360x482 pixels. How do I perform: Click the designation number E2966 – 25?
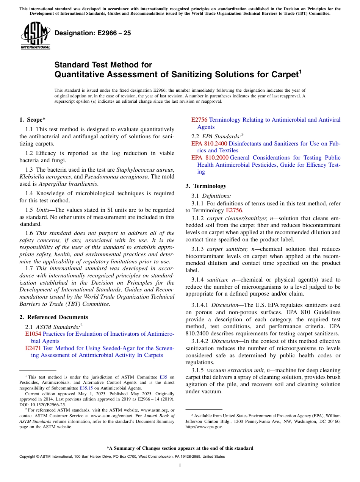(93, 33)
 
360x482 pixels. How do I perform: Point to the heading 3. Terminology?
(206, 186)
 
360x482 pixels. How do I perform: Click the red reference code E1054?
(33, 334)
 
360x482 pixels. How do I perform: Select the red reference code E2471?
(33, 348)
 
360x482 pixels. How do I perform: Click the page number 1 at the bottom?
(180, 466)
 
